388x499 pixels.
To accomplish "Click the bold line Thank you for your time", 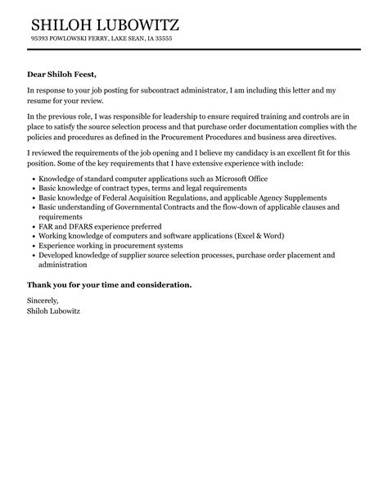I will [x=110, y=284].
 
